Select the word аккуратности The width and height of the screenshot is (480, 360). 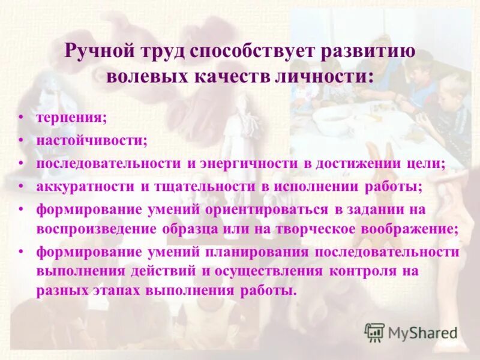[x=85, y=187]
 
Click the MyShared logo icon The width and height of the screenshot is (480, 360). [x=374, y=332]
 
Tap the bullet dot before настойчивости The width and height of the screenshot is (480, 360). [x=22, y=140]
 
